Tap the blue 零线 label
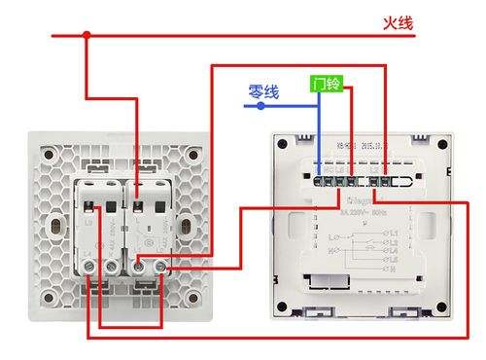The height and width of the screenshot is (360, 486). [263, 91]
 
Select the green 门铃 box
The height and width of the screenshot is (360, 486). [326, 85]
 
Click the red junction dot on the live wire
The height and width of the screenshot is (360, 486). [87, 36]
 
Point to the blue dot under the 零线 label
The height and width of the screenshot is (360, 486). [260, 105]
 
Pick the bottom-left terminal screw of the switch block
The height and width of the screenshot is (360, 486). [94, 264]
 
